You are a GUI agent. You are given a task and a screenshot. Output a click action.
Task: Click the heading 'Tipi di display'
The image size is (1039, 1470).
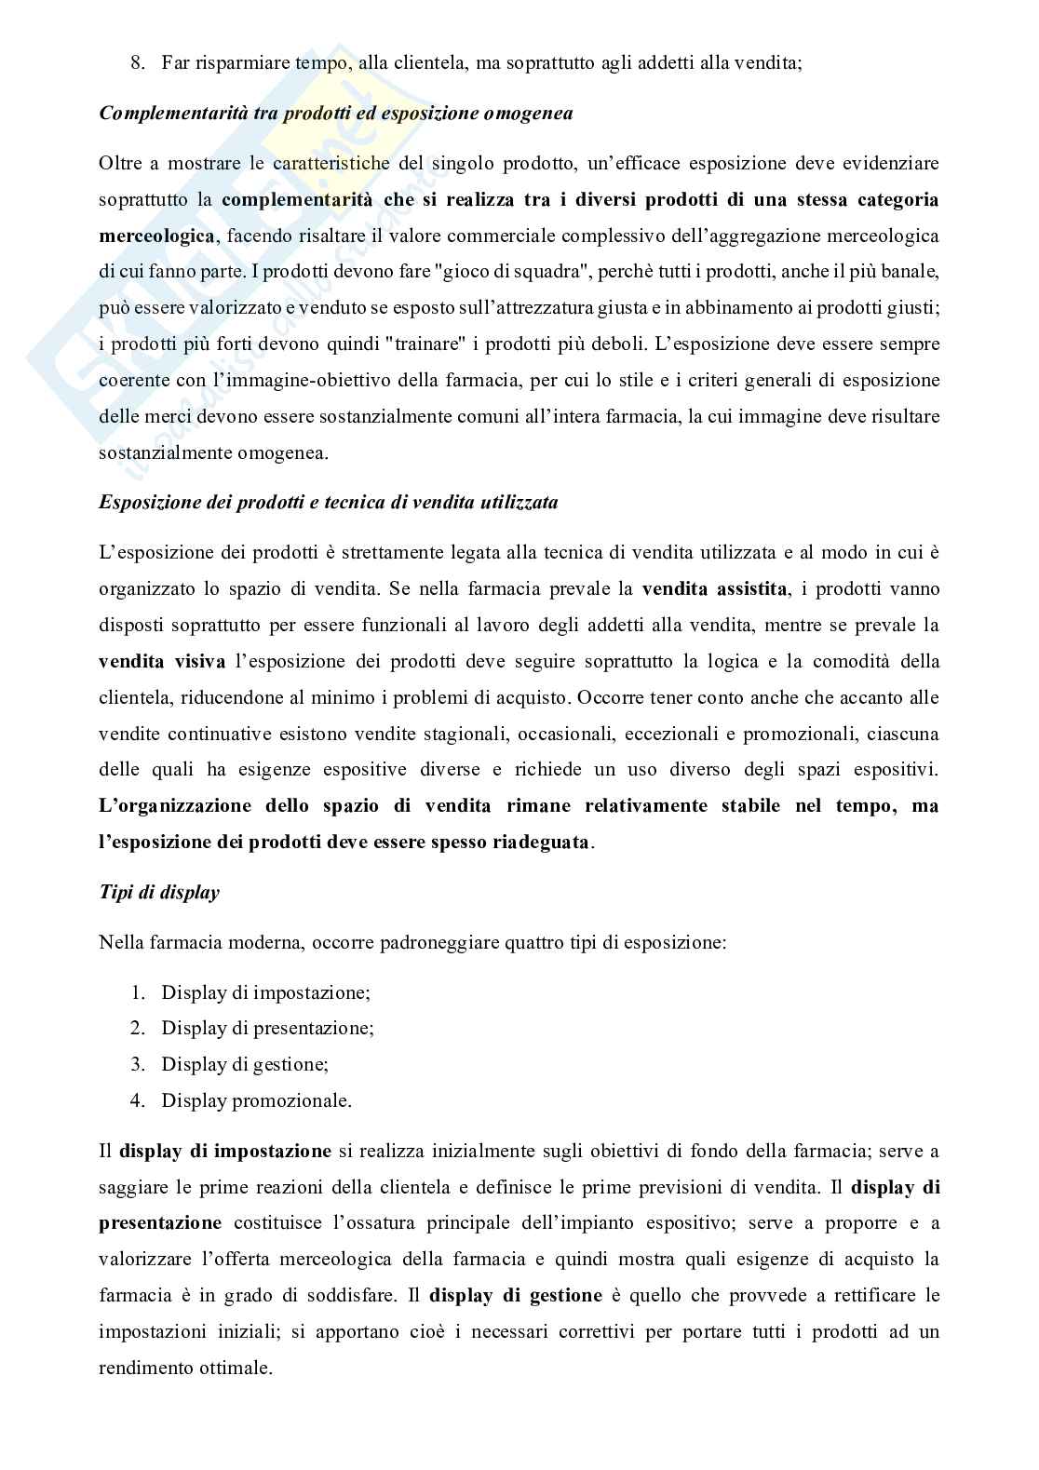tap(159, 892)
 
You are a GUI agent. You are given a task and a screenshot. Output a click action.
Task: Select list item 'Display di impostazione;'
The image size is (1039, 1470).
tap(265, 991)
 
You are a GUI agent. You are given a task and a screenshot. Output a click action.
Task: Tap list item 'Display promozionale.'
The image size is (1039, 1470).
tap(256, 1100)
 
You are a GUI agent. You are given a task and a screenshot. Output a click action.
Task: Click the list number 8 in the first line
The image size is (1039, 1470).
tap(137, 63)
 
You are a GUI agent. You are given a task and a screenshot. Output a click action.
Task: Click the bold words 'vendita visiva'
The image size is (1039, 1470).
tap(162, 661)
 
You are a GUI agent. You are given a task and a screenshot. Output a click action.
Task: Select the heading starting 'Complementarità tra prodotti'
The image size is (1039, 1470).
tap(334, 114)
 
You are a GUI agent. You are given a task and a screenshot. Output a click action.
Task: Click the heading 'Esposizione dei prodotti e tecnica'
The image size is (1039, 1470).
tap(328, 503)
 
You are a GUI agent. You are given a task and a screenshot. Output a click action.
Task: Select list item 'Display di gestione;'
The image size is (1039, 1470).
tap(245, 1064)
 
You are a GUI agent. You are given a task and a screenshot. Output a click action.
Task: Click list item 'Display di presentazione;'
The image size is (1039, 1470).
tap(267, 1028)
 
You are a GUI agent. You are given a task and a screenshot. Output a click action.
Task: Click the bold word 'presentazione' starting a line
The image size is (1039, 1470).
tap(160, 1222)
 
